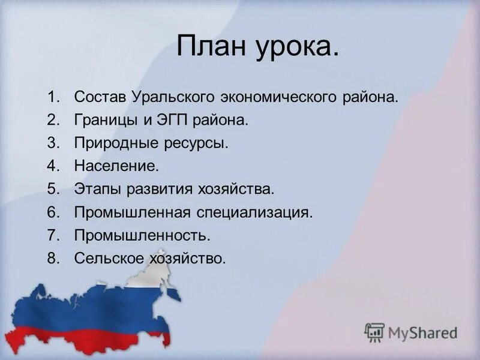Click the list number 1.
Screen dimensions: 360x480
click(x=53, y=97)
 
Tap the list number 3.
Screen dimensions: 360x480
click(x=53, y=144)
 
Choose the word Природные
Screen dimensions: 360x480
click(x=113, y=144)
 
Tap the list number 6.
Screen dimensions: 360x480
click(x=53, y=212)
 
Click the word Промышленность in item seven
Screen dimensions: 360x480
click(x=142, y=235)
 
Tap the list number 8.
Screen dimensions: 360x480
click(x=53, y=258)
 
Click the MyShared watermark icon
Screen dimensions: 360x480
click(x=374, y=332)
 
